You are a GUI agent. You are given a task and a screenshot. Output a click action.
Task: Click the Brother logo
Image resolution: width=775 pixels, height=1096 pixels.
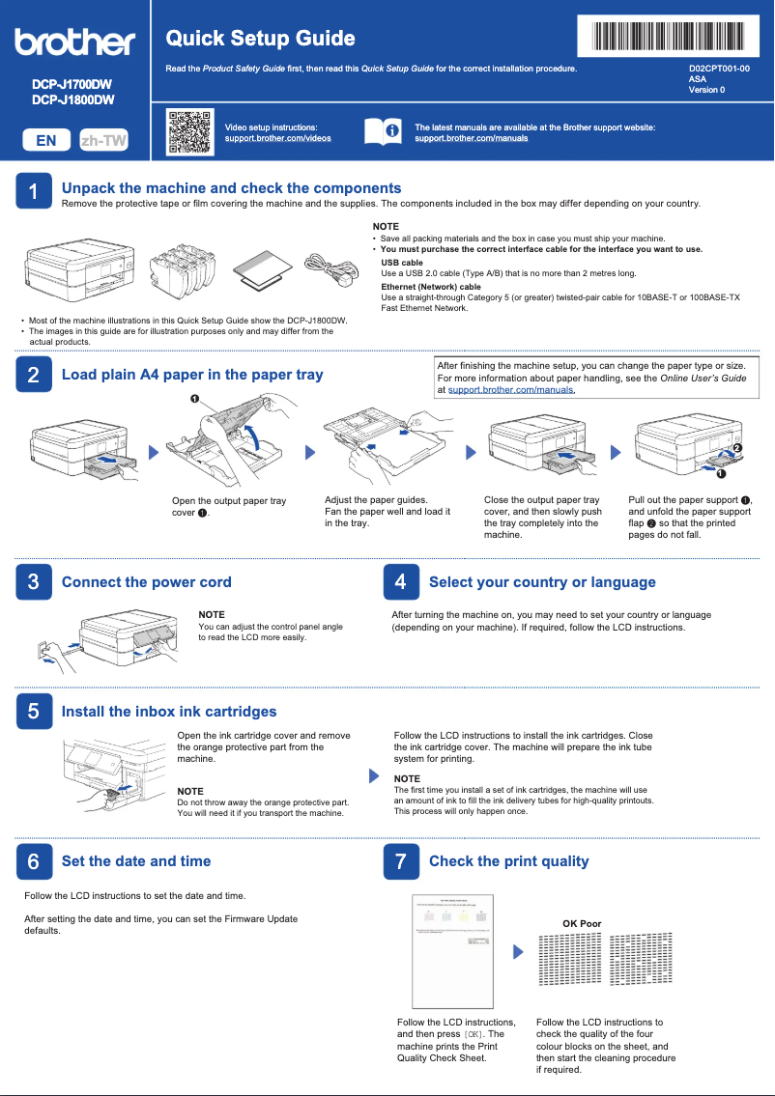tap(74, 42)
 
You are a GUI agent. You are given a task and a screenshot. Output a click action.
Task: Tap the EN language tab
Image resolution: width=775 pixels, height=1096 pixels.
tap(45, 140)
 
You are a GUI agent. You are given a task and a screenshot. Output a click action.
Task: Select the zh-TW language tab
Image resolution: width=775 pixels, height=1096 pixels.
tap(103, 140)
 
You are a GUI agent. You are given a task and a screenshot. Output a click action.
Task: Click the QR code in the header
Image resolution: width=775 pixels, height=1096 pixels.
tap(189, 132)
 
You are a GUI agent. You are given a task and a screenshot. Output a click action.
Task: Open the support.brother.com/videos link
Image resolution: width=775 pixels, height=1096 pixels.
tap(277, 138)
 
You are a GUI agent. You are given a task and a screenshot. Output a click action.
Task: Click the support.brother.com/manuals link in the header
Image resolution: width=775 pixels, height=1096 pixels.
tap(471, 138)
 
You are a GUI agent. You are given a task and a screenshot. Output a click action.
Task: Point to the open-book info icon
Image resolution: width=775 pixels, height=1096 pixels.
tap(383, 132)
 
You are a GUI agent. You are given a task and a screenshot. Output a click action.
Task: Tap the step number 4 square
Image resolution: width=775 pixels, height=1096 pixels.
tap(401, 582)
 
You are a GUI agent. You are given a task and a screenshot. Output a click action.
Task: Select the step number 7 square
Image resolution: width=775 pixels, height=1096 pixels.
tap(401, 861)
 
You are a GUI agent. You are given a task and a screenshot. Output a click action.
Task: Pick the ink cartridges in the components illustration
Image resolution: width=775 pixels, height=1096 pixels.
tap(186, 266)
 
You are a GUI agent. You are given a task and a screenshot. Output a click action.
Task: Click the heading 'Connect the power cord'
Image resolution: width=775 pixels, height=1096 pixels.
tap(146, 582)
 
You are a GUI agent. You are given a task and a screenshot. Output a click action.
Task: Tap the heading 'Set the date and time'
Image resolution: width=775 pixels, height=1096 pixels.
tap(135, 861)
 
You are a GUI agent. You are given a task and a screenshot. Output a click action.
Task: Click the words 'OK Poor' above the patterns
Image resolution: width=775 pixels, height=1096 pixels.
tap(582, 924)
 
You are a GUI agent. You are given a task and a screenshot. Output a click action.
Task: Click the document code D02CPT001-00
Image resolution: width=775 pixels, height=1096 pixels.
tap(718, 70)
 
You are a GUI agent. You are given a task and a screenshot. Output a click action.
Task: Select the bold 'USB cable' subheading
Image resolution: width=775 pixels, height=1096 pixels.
tap(401, 263)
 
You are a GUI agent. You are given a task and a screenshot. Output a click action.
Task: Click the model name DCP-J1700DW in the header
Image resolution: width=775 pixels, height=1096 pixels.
tap(72, 85)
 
